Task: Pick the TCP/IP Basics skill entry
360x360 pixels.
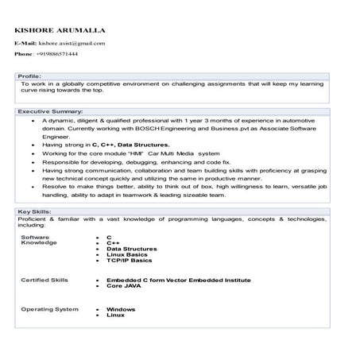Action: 130,261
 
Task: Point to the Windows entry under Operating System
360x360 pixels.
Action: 121,308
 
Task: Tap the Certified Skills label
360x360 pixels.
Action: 44,280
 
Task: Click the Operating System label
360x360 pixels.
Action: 48,308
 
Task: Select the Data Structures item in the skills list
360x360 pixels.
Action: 133,248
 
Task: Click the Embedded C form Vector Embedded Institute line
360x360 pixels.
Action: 178,280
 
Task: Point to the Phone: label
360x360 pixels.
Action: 22,54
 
